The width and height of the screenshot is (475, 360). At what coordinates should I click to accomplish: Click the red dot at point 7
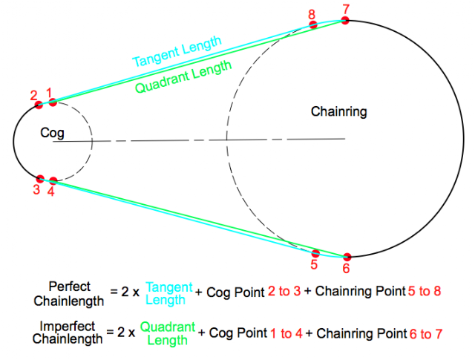344,20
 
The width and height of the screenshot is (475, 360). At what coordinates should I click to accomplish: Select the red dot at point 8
313,24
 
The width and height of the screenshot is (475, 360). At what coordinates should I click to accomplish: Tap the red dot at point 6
347,257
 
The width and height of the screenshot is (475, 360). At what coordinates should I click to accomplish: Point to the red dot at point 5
315,253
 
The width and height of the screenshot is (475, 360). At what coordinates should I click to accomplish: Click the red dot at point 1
53,102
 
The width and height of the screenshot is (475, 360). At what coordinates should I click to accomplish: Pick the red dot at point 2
39,105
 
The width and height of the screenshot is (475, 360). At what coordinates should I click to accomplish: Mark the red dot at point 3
40,179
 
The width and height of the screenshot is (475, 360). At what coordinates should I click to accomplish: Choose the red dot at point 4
53,181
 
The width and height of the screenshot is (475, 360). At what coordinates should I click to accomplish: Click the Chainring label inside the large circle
338,111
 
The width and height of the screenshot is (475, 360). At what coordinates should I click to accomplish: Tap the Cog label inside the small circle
52,133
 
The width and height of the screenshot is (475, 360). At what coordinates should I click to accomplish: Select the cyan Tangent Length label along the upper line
177,51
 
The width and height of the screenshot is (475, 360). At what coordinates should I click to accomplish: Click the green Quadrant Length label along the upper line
183,76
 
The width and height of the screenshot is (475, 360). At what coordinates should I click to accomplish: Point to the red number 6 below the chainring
346,269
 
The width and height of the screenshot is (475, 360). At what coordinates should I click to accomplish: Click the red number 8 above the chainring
312,15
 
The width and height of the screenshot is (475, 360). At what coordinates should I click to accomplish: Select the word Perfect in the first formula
69,287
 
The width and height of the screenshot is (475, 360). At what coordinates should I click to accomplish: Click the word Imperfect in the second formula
68,327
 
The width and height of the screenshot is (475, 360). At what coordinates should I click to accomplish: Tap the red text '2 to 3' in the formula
284,291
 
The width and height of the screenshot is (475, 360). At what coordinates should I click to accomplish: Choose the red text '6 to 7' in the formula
426,334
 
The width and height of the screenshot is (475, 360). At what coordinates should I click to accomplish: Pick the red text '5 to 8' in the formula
425,291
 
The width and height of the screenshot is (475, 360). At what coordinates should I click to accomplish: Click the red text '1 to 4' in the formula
286,333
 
